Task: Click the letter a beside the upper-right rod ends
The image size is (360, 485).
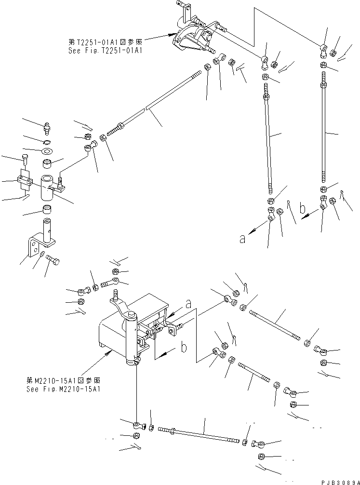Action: pos(242,238)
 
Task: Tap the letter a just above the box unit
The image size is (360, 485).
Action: pos(188,304)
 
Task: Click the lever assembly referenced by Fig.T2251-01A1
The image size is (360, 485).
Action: pos(193,37)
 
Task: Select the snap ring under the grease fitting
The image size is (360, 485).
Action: pos(46,142)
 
